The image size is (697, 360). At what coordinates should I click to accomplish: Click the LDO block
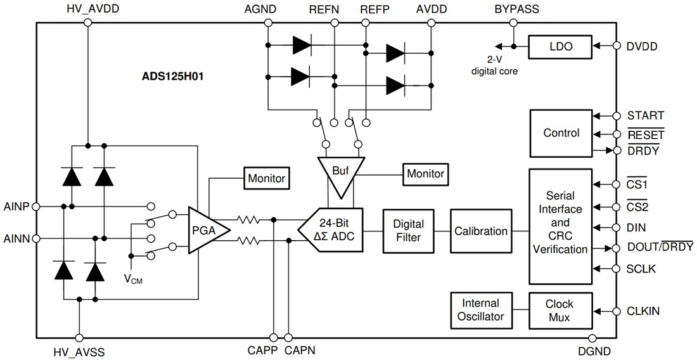(560, 46)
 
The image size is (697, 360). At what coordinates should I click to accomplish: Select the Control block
(561, 133)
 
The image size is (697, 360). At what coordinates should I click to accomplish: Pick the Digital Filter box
(408, 231)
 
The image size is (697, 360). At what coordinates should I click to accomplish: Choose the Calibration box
(481, 231)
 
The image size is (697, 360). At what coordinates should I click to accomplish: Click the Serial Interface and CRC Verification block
(560, 227)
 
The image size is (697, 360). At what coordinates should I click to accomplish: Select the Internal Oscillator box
(480, 311)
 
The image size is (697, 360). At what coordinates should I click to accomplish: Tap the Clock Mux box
(560, 311)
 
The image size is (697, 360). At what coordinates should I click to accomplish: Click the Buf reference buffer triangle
(341, 172)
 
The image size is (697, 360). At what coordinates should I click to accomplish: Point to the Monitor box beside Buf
(425, 173)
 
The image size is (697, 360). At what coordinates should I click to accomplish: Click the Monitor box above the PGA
(265, 179)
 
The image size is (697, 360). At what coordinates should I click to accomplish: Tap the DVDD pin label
(641, 46)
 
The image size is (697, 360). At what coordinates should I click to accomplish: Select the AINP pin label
(16, 207)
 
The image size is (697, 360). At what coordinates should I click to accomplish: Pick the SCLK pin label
(641, 269)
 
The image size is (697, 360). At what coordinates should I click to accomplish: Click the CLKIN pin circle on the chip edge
(615, 311)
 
